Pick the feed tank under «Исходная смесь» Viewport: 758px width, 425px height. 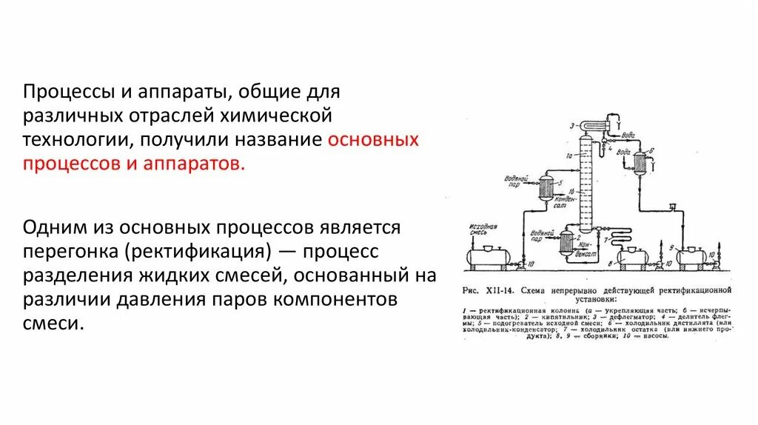pos(486,256)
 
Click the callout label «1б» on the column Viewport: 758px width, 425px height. pos(572,191)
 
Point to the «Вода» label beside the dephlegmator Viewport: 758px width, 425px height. pos(627,136)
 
